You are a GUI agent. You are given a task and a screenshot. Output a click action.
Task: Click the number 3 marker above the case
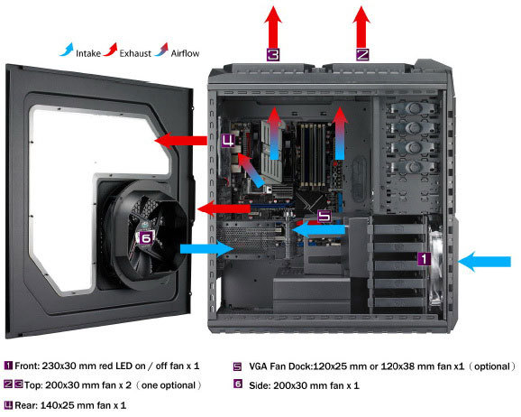tap(273, 54)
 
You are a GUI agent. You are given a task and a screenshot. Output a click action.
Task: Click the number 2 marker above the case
tap(361, 54)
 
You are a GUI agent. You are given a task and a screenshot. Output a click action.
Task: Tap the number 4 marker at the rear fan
tap(228, 141)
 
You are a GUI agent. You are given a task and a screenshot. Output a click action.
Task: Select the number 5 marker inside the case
tap(324, 216)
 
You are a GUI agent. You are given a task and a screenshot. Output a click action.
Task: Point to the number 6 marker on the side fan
tap(146, 237)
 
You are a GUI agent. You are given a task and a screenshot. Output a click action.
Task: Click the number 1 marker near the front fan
tap(424, 259)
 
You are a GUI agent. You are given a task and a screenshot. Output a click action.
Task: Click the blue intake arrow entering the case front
tap(484, 262)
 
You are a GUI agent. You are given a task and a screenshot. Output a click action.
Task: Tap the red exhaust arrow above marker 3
tap(273, 26)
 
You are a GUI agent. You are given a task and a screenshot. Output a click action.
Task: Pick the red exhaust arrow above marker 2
tap(361, 26)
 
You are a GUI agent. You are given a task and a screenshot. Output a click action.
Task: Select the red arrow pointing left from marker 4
tap(181, 141)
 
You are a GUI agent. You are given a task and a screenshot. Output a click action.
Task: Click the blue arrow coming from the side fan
tap(206, 249)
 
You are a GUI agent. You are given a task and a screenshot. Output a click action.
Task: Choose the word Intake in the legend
tap(88, 53)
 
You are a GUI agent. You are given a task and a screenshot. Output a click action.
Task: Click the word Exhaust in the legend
tap(135, 53)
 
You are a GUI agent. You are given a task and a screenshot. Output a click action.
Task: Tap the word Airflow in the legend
tap(185, 53)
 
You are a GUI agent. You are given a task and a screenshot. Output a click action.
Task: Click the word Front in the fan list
tap(26, 366)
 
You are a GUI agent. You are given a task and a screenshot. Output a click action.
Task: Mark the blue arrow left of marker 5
tap(318, 229)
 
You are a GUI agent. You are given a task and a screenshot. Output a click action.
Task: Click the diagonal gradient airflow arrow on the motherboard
tap(251, 170)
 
